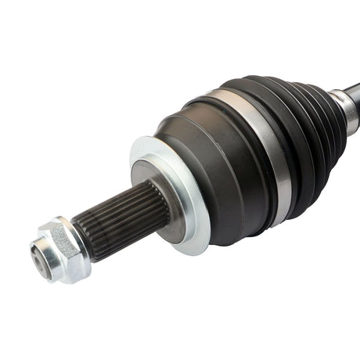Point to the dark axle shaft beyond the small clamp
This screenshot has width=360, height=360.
click(x=354, y=88)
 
